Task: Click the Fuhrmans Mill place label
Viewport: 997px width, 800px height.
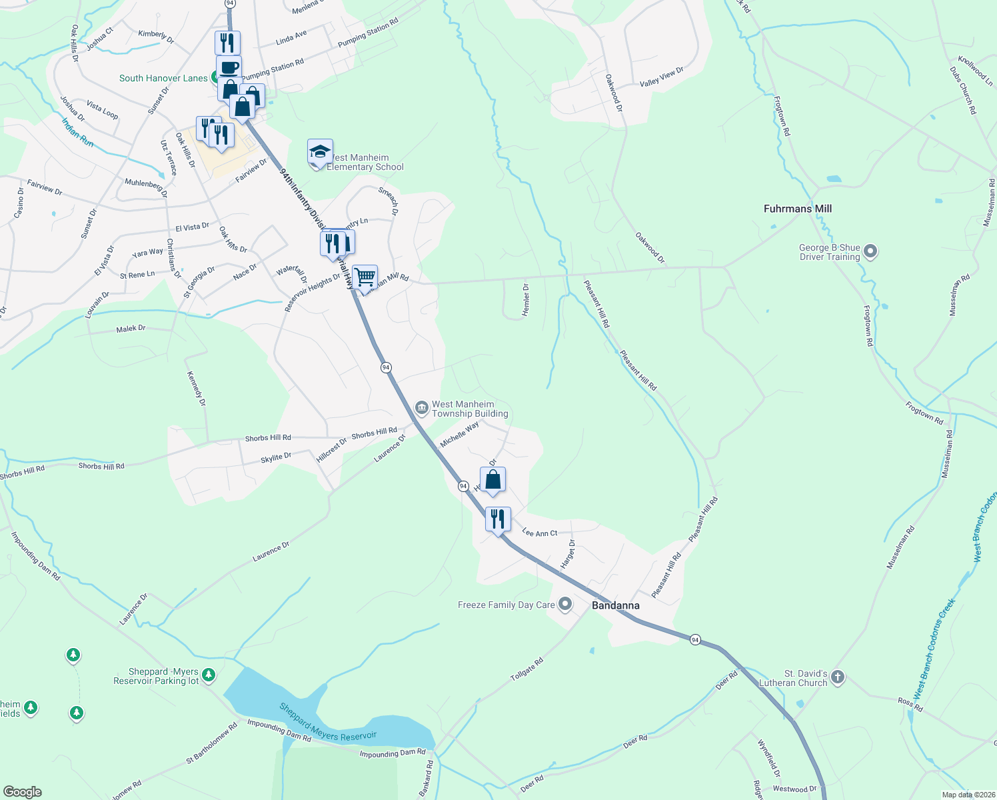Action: click(797, 209)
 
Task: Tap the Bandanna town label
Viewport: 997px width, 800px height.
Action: click(615, 605)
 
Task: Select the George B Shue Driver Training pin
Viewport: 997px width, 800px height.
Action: click(870, 252)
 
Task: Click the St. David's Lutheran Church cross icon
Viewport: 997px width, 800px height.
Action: click(838, 677)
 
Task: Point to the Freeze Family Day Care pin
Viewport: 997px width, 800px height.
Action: click(565, 605)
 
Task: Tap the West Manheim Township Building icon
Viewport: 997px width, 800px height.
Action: click(421, 407)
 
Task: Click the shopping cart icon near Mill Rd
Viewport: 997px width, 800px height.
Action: click(365, 276)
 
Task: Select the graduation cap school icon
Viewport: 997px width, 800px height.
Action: click(320, 151)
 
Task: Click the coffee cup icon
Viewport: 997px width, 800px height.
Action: click(229, 67)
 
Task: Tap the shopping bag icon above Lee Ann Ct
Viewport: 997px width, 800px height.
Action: click(493, 479)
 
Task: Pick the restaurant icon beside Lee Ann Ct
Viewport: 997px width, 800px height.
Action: click(498, 518)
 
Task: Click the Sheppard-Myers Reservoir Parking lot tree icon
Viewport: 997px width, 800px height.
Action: click(209, 675)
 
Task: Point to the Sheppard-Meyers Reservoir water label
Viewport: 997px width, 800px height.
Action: click(328, 722)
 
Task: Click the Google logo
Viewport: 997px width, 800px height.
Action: click(23, 791)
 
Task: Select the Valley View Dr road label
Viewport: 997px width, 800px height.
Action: click(661, 77)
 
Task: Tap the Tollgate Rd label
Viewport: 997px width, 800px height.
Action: click(526, 669)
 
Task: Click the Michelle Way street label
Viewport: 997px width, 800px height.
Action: click(459, 435)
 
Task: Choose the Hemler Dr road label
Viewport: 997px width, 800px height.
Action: click(526, 299)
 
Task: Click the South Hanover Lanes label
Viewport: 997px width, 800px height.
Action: click(163, 78)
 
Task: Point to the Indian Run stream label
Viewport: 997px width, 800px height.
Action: click(77, 133)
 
